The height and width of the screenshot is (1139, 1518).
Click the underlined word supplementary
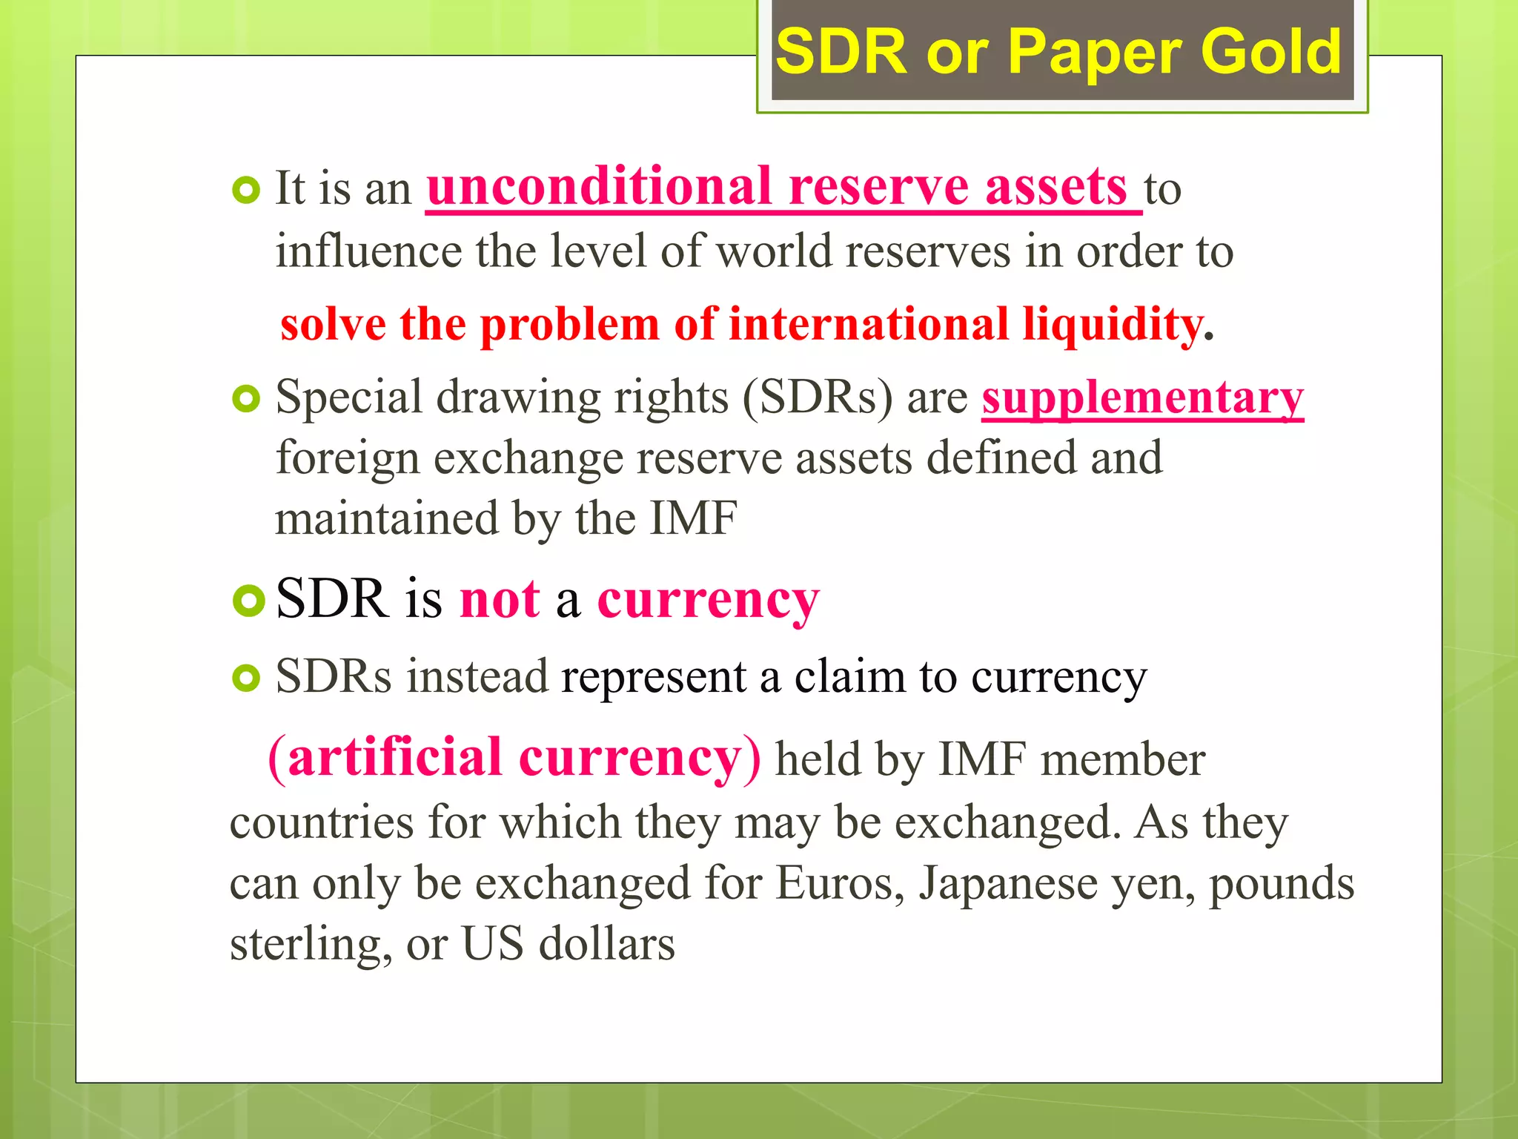(x=1142, y=398)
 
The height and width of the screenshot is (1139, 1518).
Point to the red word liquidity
(x=1113, y=324)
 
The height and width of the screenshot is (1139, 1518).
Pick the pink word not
(x=500, y=599)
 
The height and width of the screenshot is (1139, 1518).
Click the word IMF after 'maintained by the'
(x=693, y=518)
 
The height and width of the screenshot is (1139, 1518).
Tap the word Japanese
(x=1008, y=883)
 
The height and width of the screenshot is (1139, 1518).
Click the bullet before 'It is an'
(x=246, y=191)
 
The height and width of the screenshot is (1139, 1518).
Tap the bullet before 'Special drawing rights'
(x=246, y=399)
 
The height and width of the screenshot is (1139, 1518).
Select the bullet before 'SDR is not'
(x=248, y=600)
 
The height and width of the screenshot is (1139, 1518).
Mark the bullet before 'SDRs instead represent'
(x=246, y=678)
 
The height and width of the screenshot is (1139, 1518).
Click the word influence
(x=368, y=251)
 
